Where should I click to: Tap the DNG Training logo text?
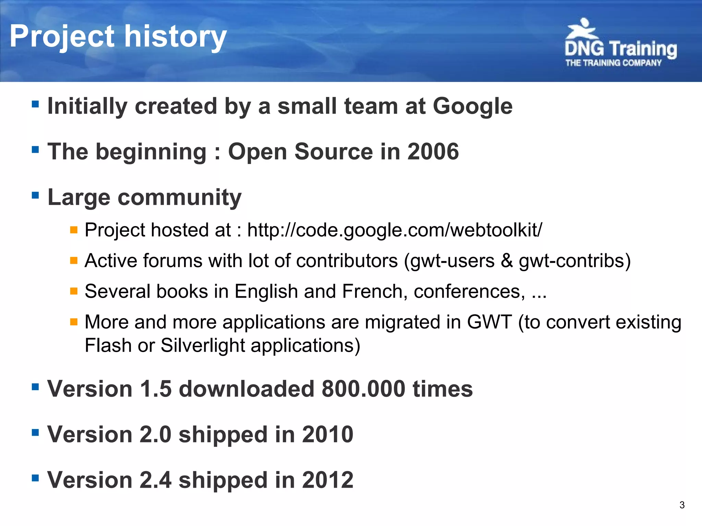pyautogui.click(x=620, y=49)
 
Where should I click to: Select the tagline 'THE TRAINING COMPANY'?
pyautogui.click(x=613, y=63)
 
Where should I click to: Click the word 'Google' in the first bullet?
pyautogui.click(x=472, y=106)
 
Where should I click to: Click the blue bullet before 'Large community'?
pyautogui.click(x=35, y=195)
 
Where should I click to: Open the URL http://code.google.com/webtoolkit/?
pyautogui.click(x=394, y=230)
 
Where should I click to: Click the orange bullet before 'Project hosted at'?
pyautogui.click(x=73, y=229)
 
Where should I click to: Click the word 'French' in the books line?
pyautogui.click(x=372, y=291)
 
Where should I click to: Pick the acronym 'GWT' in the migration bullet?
pyautogui.click(x=489, y=322)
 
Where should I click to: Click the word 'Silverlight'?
pyautogui.click(x=203, y=345)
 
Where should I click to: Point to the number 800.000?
pyautogui.click(x=363, y=389)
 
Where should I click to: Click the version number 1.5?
pyautogui.click(x=156, y=389)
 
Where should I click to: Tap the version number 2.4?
pyautogui.click(x=156, y=480)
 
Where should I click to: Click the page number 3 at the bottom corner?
pyautogui.click(x=682, y=505)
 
